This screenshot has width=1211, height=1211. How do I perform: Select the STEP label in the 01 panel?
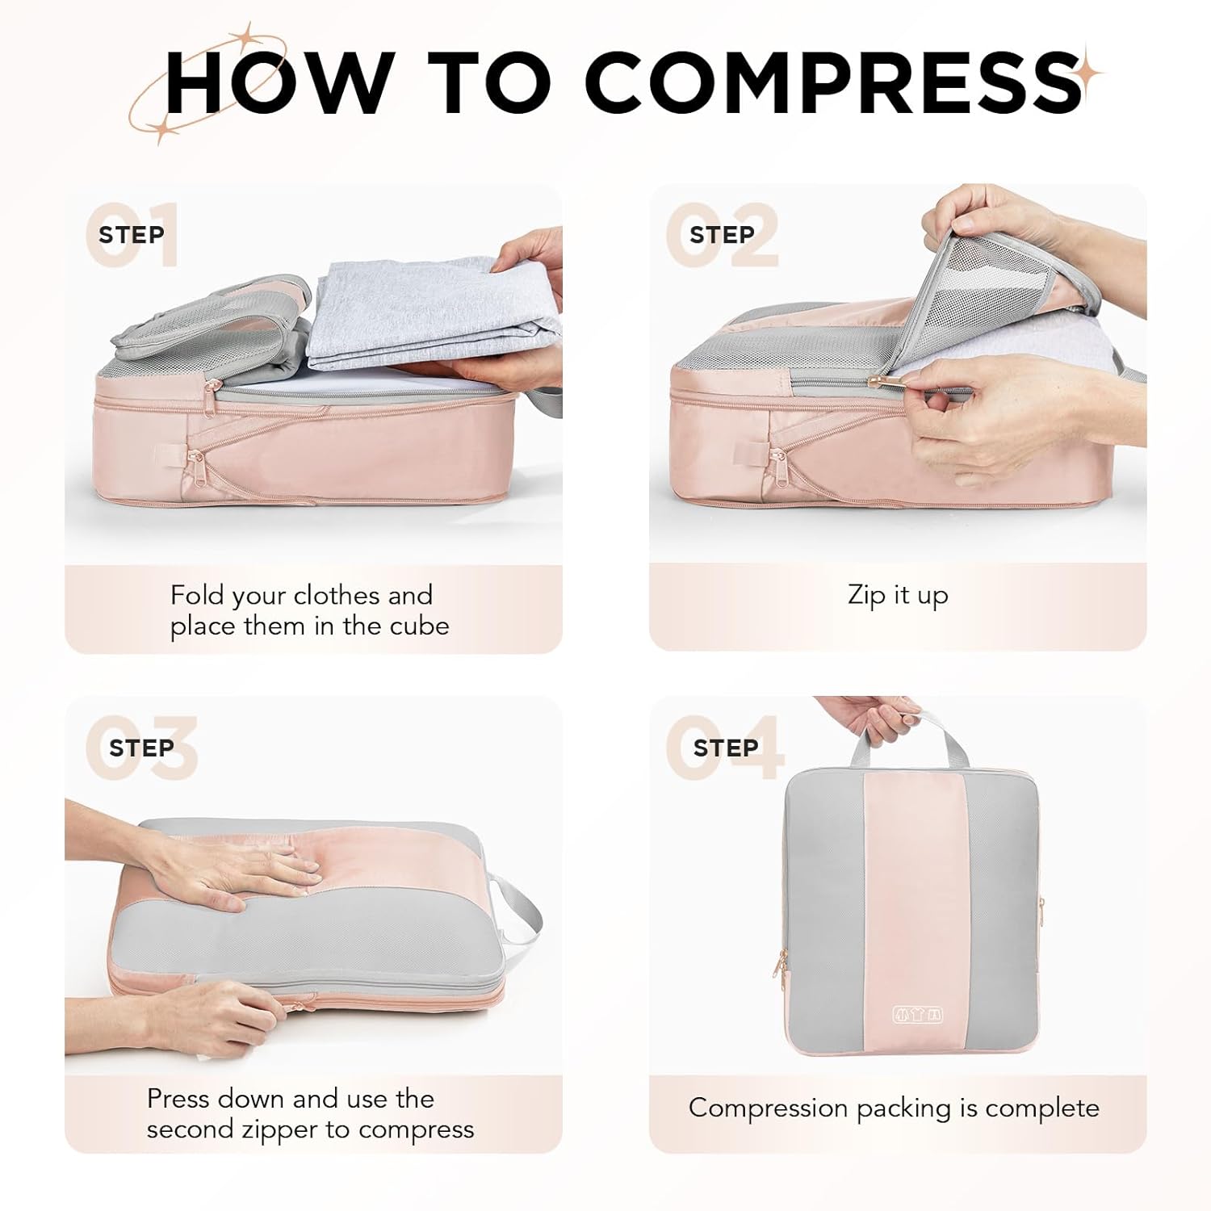pos(131,235)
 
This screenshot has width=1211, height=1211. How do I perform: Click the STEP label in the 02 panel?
pos(722,235)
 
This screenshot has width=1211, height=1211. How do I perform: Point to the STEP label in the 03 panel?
pos(141,748)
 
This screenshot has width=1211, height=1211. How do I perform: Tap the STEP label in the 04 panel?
pos(725,748)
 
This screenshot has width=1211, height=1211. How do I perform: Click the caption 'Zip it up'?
pos(898,595)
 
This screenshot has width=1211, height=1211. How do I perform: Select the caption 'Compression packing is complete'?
pos(894,1108)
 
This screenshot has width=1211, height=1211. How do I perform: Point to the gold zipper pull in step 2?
pos(878,379)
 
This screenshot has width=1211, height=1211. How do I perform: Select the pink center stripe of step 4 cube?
pos(916,888)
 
